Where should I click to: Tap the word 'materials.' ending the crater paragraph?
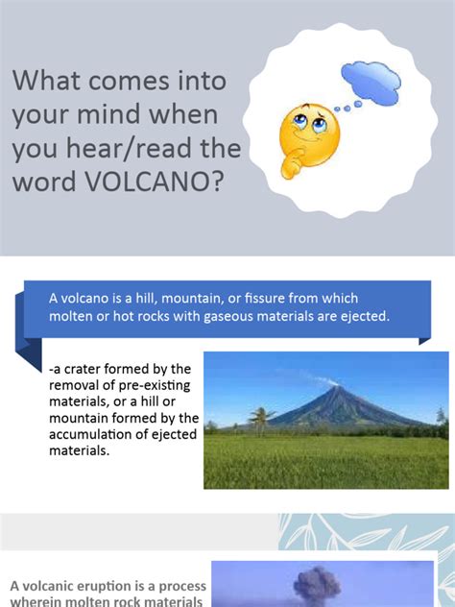coord(78,450)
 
